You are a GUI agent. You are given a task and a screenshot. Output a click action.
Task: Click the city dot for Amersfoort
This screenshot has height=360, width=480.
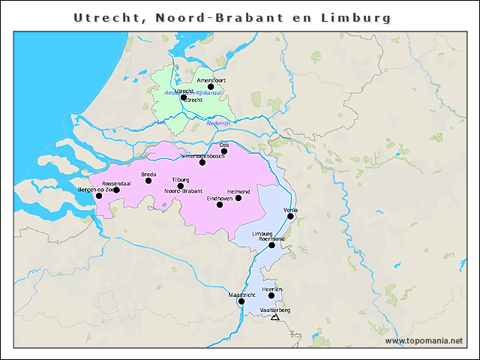[211, 87]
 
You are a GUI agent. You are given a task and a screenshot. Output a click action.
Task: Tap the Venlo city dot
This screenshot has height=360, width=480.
[290, 216]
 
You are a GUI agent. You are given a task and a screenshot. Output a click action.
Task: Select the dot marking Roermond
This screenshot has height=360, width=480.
[271, 245]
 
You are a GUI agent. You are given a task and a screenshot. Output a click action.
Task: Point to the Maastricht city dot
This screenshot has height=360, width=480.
[241, 301]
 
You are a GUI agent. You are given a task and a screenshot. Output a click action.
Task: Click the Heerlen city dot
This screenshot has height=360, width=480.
[271, 295]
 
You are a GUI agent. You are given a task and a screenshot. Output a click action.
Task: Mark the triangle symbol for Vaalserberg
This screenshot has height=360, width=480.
[274, 317]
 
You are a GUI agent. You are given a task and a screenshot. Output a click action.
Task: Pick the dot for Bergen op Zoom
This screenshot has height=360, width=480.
[99, 196]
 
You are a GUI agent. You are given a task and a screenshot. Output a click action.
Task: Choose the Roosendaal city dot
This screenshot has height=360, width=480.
[116, 190]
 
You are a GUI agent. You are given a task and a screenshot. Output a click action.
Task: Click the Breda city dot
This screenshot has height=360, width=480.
[148, 181]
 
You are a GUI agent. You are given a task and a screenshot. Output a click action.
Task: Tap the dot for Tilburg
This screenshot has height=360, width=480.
[180, 186]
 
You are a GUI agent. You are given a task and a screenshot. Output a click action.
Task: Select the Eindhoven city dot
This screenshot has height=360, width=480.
[220, 204]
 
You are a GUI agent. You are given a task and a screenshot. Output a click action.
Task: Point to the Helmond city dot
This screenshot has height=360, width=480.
[238, 198]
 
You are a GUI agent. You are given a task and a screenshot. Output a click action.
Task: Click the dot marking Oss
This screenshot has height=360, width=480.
[223, 151]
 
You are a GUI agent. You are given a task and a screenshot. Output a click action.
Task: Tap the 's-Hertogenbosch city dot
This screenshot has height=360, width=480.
[202, 162]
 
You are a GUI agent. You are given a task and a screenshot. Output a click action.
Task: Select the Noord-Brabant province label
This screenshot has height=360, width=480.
[184, 192]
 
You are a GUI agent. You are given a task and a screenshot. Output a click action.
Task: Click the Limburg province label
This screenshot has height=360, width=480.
[262, 233]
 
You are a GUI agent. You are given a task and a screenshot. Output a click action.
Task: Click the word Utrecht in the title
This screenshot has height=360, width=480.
[104, 17]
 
